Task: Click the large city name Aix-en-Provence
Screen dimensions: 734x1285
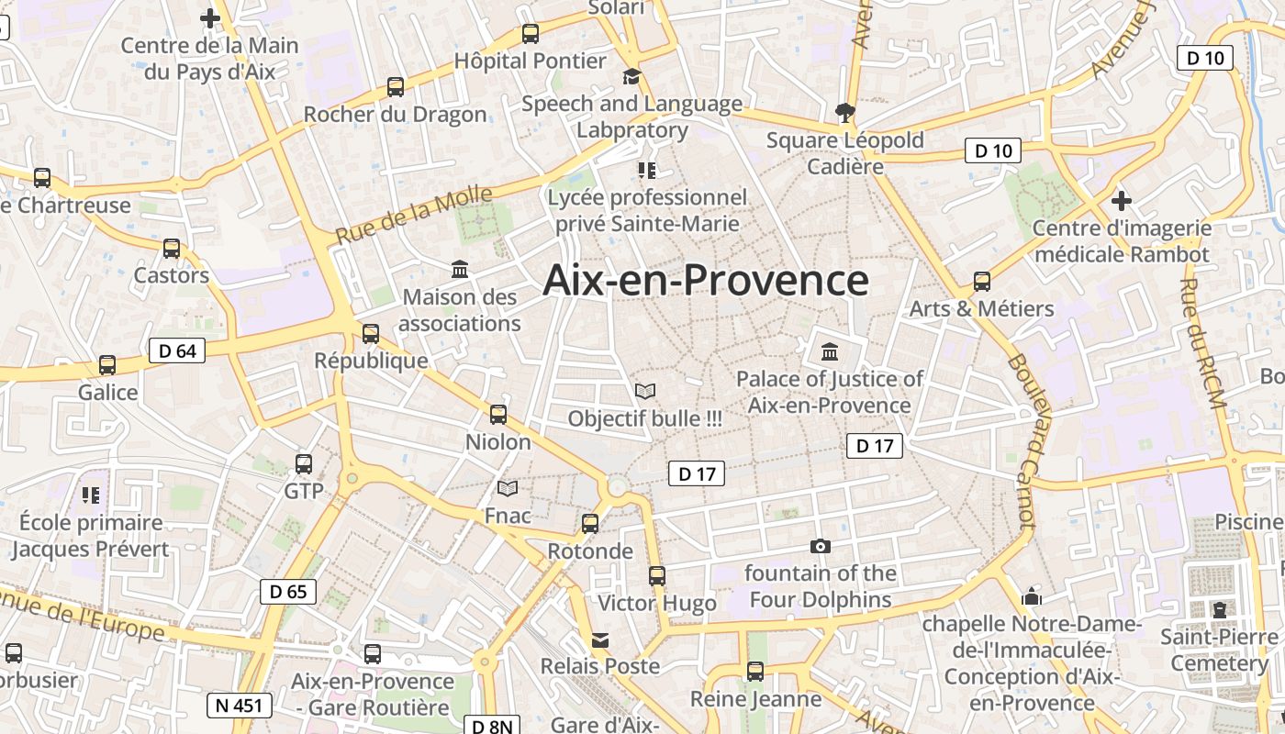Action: pos(705,280)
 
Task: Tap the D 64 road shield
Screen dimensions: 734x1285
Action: pos(177,350)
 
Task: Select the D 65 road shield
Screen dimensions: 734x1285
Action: pos(288,592)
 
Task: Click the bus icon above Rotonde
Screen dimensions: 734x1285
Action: pos(590,524)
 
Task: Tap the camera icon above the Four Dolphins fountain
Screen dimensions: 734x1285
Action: pos(821,546)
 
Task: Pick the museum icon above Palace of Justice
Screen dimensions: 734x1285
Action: pos(830,351)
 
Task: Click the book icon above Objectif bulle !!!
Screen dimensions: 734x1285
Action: pos(645,391)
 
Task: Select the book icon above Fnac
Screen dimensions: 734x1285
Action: pos(508,488)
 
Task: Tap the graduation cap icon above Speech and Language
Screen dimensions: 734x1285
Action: pos(631,76)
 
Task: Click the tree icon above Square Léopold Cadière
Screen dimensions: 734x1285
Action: pos(844,112)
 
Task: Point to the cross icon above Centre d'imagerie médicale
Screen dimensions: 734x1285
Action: pos(1121,200)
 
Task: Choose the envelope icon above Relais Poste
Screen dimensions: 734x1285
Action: pos(600,639)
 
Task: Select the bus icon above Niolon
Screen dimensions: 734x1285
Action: pos(498,414)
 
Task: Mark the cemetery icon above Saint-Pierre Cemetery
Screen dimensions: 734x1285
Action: pos(1219,609)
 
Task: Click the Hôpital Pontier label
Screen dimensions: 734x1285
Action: pos(531,61)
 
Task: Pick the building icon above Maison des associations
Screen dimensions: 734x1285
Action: pos(460,269)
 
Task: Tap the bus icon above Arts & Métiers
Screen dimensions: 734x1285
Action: pos(981,281)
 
